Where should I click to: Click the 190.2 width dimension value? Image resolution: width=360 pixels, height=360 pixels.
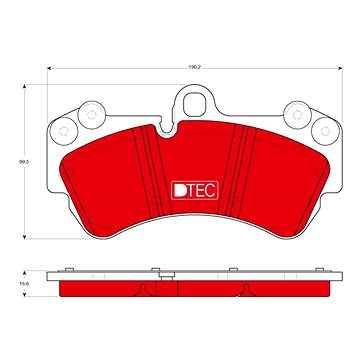click(x=194, y=67)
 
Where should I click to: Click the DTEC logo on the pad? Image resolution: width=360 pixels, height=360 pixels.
click(x=195, y=190)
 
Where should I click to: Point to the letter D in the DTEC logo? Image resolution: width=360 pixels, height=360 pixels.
click(x=180, y=190)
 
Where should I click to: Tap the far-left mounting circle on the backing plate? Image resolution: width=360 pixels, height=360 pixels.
click(x=63, y=131)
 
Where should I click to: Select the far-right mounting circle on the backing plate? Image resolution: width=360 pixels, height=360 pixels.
click(x=325, y=131)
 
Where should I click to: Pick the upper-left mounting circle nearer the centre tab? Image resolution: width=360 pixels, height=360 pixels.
click(x=91, y=115)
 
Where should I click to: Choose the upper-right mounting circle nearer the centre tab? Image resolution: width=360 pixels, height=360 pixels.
click(x=297, y=115)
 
